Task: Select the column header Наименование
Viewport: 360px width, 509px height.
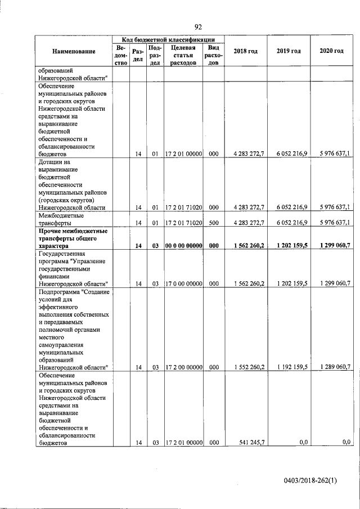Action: tap(74, 51)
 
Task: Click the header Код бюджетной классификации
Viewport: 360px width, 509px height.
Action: tap(169, 39)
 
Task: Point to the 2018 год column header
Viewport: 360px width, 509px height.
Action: tap(246, 51)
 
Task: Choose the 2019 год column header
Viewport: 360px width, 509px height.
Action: tap(289, 51)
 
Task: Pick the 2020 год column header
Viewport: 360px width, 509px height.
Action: tap(331, 51)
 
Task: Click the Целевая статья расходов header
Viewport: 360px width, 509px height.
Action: tap(183, 55)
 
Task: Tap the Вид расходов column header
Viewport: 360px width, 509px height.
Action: tap(214, 55)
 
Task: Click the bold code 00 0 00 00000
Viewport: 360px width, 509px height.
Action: tap(183, 246)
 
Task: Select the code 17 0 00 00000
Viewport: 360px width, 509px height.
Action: tap(183, 283)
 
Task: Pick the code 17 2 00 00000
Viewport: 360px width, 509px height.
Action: tap(183, 367)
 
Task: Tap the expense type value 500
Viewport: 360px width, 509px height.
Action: tap(214, 223)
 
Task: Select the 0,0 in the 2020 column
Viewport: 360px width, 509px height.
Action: tap(346, 443)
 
